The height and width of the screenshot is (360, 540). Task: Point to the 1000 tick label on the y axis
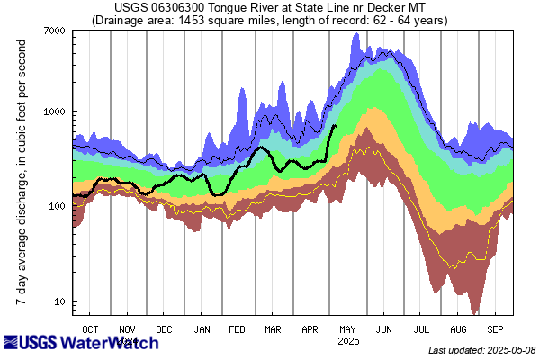click(55, 112)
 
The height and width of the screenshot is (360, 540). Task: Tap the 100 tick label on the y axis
click(58, 206)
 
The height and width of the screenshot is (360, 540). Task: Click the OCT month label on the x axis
click(91, 329)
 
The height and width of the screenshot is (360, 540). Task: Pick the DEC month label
click(166, 329)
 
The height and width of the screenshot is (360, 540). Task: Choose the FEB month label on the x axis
click(238, 329)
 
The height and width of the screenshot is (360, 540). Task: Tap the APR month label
click(310, 329)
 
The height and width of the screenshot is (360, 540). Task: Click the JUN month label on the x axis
click(384, 329)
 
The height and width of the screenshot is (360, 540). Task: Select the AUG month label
click(458, 329)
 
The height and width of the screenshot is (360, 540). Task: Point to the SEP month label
click(495, 329)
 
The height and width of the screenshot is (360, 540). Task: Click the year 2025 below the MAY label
click(348, 341)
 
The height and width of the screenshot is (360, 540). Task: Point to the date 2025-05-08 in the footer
click(507, 350)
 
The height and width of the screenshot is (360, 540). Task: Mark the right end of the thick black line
click(336, 126)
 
